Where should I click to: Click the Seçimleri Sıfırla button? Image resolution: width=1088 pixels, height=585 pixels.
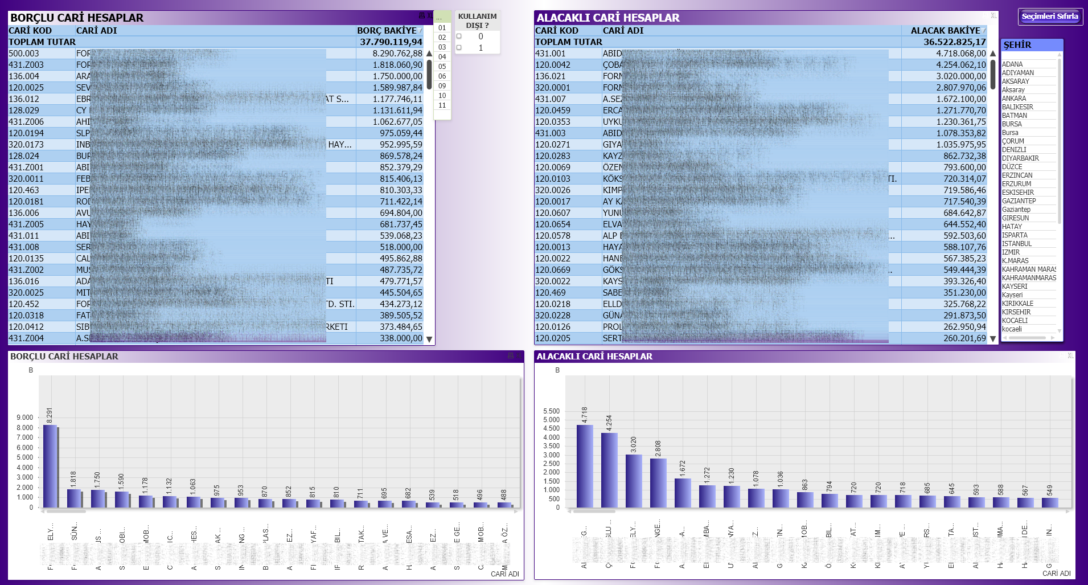[x=1050, y=17]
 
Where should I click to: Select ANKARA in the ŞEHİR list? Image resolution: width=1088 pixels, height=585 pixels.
[x=1014, y=99]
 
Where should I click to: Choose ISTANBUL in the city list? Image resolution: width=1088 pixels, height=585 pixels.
[x=1017, y=244]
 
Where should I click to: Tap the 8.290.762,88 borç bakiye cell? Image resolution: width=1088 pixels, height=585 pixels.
[x=397, y=54]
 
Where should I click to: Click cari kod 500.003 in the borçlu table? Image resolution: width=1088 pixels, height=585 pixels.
[x=24, y=54]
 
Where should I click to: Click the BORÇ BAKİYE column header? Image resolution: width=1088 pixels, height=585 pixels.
[x=387, y=31]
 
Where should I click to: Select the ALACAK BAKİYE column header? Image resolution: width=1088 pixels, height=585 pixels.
[x=945, y=31]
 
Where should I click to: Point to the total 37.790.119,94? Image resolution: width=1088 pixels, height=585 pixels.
[x=391, y=42]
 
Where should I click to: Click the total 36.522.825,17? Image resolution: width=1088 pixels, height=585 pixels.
[x=954, y=42]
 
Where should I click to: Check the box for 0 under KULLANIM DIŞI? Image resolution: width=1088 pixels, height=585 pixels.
[x=459, y=36]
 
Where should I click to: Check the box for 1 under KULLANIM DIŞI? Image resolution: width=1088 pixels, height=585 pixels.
[x=459, y=48]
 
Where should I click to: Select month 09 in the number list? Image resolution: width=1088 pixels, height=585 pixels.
[x=442, y=86]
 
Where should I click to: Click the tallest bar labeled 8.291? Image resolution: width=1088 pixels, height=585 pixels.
[x=50, y=466]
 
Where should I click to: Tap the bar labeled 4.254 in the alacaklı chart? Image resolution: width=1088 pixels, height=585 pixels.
[x=609, y=470]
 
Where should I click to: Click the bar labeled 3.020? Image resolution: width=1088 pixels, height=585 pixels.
[x=634, y=481]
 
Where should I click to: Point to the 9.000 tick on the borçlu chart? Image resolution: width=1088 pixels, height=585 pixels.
[x=25, y=418]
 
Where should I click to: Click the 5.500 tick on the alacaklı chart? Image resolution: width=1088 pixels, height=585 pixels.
[x=551, y=411]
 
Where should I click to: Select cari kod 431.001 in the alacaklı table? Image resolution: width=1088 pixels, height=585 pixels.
[x=551, y=54]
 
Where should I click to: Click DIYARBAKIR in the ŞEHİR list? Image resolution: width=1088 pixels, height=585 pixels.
[x=1020, y=158]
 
